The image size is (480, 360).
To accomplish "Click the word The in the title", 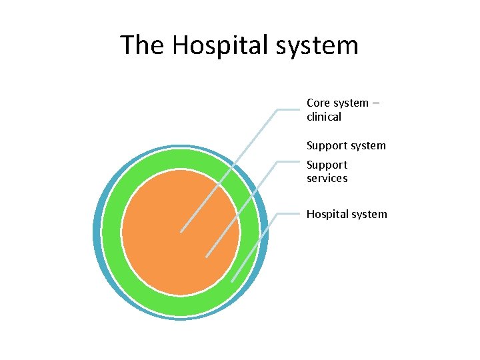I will coord(142,45).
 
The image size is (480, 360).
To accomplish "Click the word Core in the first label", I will coord(317,103).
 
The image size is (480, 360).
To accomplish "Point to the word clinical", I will coord(323,117).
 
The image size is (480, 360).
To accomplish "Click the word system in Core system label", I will coord(351,103).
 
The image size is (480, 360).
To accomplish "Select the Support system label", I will coord(346,145).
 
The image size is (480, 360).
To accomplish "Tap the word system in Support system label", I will coord(368,145).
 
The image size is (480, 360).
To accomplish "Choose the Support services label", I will coord(327,171).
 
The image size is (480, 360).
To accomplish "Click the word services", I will coord(327,178).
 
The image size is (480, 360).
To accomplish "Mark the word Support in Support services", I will coord(327,165).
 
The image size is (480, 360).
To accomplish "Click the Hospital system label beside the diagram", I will coord(346,214).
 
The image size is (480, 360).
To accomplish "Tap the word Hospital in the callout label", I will coord(327,214).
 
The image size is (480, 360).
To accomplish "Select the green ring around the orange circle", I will coord(180,303).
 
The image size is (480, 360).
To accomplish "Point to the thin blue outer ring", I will coord(97,233).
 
